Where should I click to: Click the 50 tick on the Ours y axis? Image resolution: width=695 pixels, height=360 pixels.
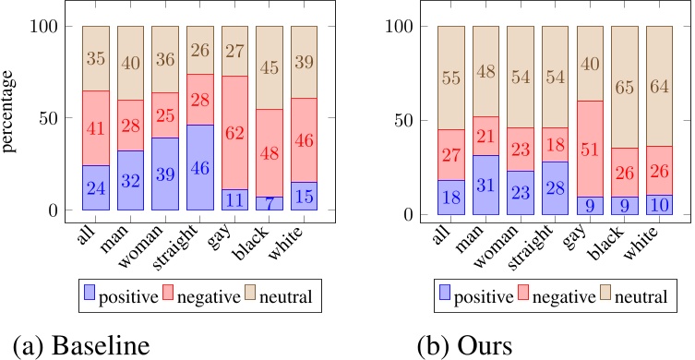(x=400, y=120)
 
